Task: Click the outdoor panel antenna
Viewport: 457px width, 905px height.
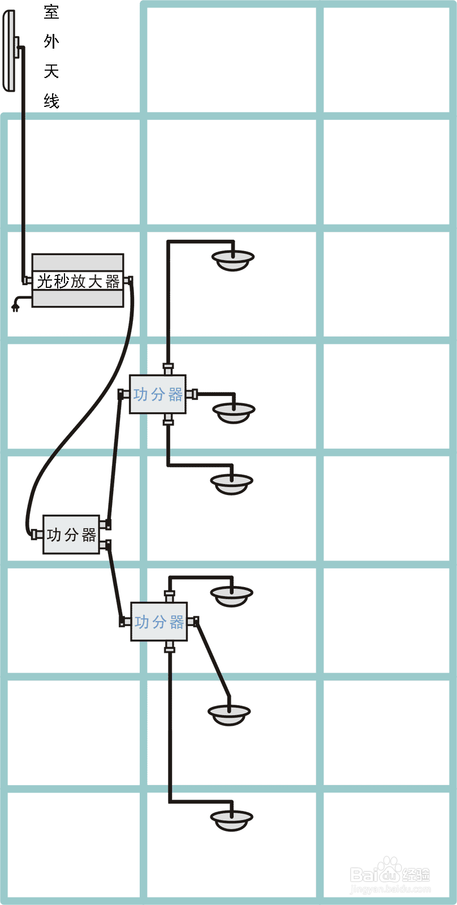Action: pos(10,51)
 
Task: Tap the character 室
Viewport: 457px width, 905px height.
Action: pos(51,11)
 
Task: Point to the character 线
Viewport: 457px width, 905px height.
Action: pos(51,101)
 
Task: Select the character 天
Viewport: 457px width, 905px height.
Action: pos(51,71)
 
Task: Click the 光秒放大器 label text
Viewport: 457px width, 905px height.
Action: pos(78,281)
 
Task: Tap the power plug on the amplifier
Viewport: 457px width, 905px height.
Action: pos(15,307)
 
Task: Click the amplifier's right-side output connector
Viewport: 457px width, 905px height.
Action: pos(128,280)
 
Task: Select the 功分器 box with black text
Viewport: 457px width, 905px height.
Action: pos(71,535)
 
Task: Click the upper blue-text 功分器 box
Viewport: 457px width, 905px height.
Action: pos(158,394)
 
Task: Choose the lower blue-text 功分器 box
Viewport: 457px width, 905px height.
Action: pos(159,622)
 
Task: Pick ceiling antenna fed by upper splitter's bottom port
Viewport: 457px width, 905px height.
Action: pos(232,483)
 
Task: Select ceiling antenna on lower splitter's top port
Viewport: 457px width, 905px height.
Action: pos(232,595)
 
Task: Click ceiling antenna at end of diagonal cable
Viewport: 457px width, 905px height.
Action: pos(229,714)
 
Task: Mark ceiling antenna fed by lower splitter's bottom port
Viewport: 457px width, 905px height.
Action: pos(232,819)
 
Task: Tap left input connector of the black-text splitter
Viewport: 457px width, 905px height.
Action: pos(37,535)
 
